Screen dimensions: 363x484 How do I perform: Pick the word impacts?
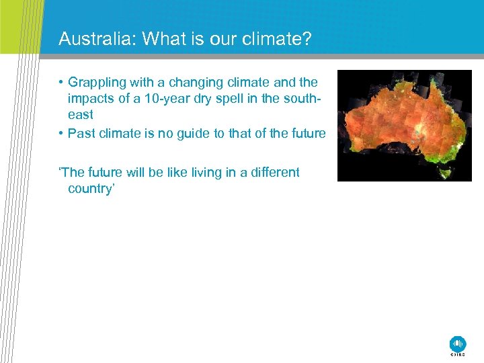[91, 99]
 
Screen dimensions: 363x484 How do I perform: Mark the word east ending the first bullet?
[81, 115]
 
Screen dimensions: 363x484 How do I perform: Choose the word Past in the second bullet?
[81, 133]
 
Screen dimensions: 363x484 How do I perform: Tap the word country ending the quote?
[91, 189]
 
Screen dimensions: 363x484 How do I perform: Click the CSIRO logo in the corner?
[458, 345]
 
